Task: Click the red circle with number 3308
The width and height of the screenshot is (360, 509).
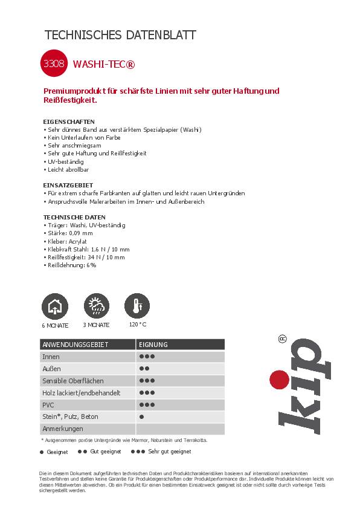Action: pyautogui.click(x=55, y=62)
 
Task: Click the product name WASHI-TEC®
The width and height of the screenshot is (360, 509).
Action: pyautogui.click(x=98, y=63)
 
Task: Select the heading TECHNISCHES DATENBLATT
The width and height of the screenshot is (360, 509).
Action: pyautogui.click(x=121, y=35)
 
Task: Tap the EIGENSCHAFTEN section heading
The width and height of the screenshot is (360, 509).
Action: pyautogui.click(x=69, y=122)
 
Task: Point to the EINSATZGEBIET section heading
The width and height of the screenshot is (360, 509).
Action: pyautogui.click(x=68, y=185)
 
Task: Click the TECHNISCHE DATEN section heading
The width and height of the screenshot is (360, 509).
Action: pyautogui.click(x=74, y=217)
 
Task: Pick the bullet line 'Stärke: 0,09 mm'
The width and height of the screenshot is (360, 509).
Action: pyautogui.click(x=69, y=233)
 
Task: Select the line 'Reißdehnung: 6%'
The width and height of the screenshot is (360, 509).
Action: pyautogui.click(x=71, y=265)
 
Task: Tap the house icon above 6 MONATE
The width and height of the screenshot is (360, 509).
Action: pyautogui.click(x=54, y=306)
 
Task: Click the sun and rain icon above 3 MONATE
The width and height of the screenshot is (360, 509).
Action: pyautogui.click(x=97, y=306)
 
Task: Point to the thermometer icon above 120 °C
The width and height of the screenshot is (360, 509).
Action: pyautogui.click(x=137, y=306)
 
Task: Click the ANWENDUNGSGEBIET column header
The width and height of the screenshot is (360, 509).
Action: pyautogui.click(x=75, y=345)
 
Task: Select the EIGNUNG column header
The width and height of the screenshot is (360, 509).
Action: pyautogui.click(x=153, y=345)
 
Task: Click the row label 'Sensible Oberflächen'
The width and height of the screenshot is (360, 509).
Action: pyautogui.click(x=72, y=381)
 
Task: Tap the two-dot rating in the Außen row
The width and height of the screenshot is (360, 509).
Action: pyautogui.click(x=144, y=369)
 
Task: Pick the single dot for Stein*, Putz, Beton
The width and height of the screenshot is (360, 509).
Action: pyautogui.click(x=141, y=417)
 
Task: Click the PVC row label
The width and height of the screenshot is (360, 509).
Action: pyautogui.click(x=48, y=405)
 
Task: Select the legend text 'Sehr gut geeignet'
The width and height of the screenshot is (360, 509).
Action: pyautogui.click(x=170, y=452)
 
